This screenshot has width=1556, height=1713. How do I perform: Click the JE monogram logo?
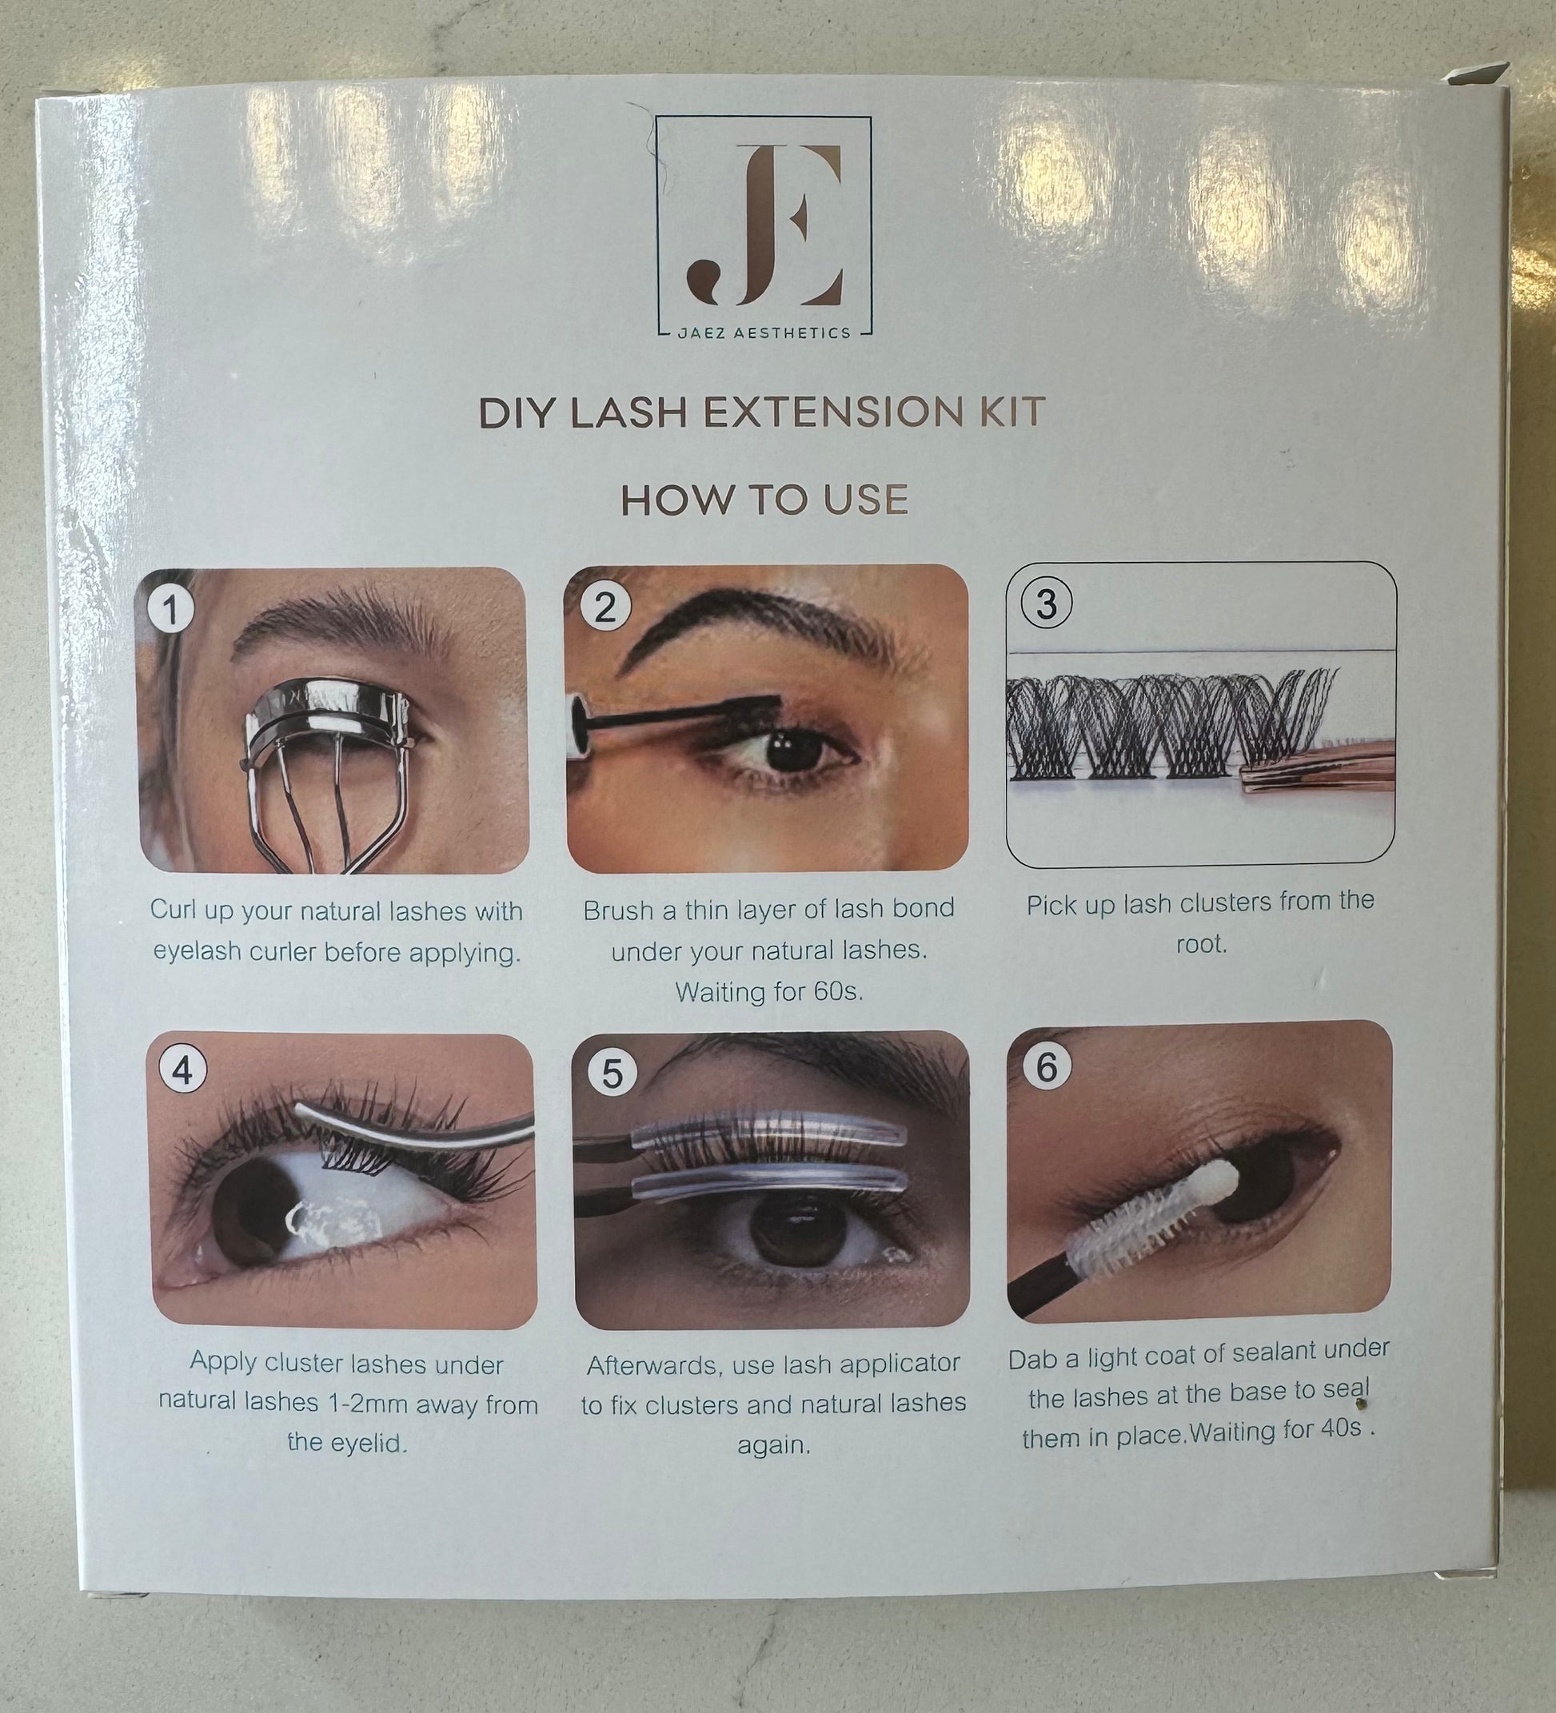(765, 226)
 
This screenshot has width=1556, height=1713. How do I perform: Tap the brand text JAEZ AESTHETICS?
(764, 333)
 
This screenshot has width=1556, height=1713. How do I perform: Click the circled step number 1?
(170, 609)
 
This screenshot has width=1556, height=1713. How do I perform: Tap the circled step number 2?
(604, 607)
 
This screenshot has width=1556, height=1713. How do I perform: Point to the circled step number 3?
(1046, 604)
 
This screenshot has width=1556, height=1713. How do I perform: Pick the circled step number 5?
(612, 1074)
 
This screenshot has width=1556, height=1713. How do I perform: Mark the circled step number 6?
(1046, 1066)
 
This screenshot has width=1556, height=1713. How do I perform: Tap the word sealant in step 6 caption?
(1291, 1352)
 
